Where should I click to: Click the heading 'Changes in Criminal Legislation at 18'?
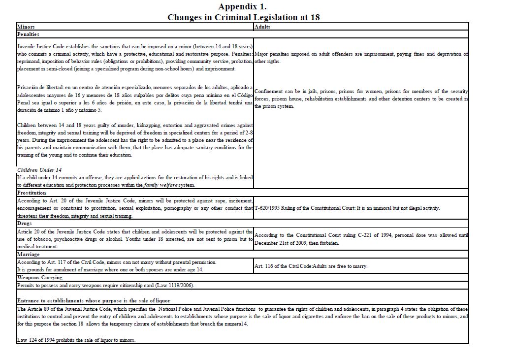click(243, 17)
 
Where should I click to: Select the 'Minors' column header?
click(26, 27)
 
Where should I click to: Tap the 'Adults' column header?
click(262, 27)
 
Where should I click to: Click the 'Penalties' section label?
click(28, 34)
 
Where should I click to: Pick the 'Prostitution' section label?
click(32, 193)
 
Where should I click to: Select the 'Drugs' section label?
click(25, 224)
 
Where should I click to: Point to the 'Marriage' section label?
click(28, 254)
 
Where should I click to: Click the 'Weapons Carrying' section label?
click(40, 277)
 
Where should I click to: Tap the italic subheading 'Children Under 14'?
click(39, 170)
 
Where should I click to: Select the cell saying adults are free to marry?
click(311, 266)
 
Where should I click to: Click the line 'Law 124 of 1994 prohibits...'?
click(76, 340)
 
